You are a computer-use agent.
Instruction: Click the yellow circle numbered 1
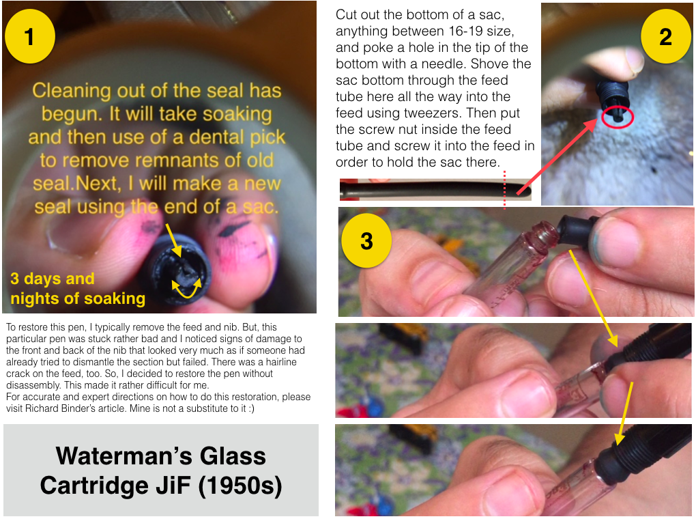[x=30, y=36]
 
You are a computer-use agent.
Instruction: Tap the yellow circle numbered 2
[x=665, y=36]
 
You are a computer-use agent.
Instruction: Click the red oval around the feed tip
[x=618, y=117]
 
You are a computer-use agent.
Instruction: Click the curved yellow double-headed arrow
[x=187, y=288]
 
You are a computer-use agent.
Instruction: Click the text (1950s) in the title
[x=240, y=486]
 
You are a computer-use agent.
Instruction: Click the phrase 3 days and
[x=53, y=279]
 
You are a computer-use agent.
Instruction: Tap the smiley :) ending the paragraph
[x=251, y=408]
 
